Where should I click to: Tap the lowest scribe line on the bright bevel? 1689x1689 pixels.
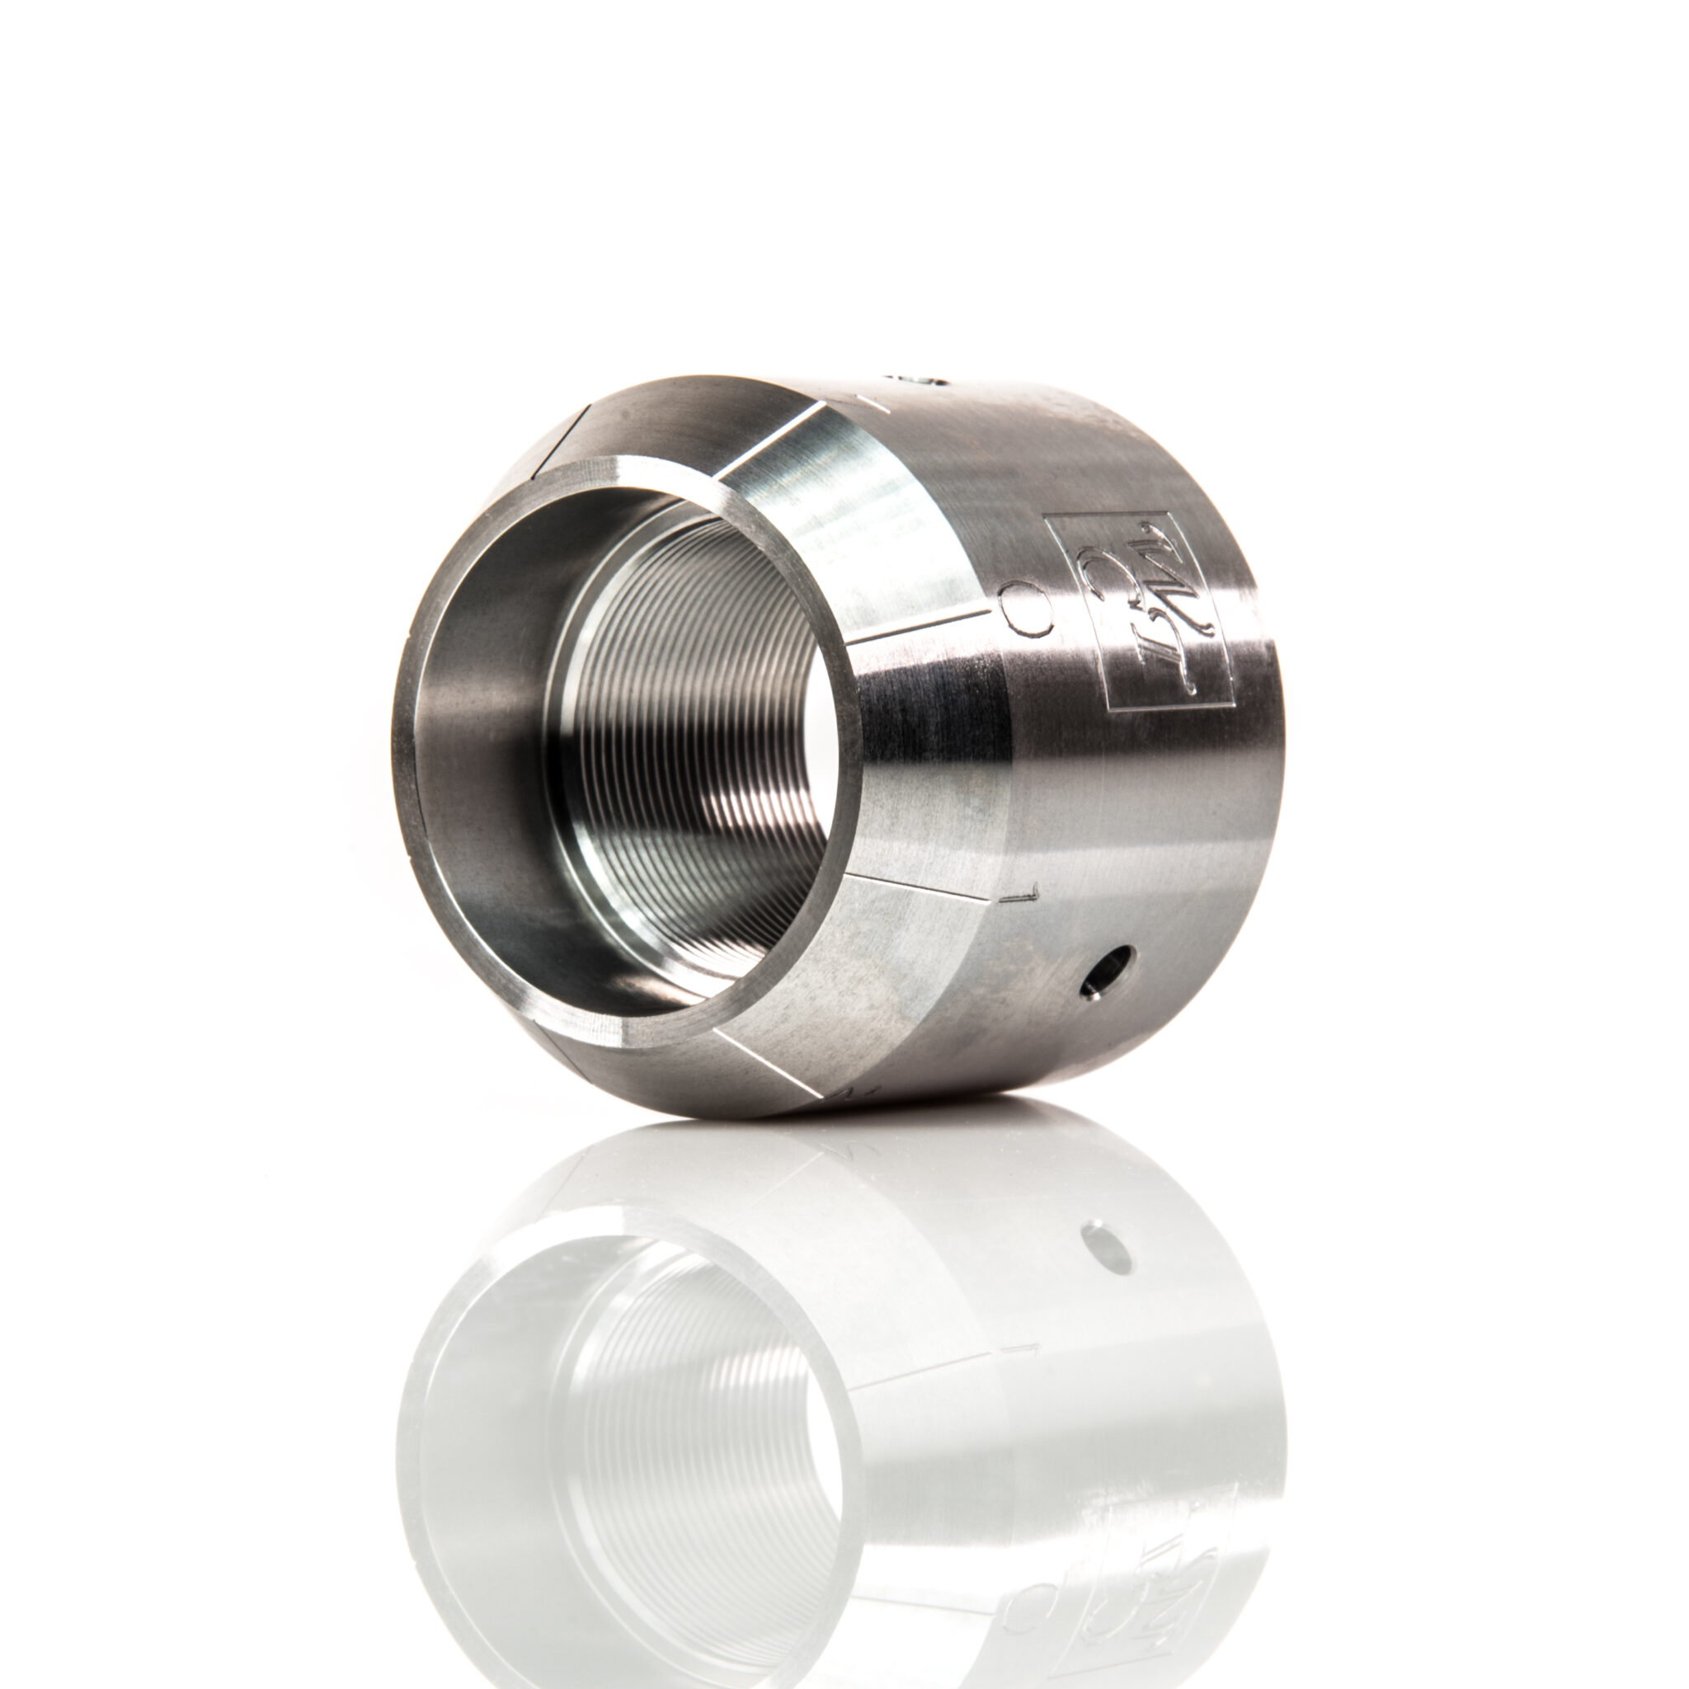point(769,1063)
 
